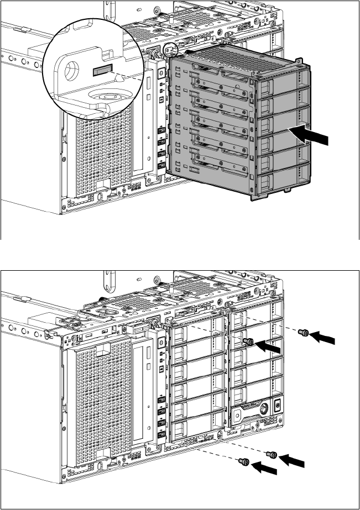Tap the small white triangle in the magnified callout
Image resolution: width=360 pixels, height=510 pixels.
coord(117,78)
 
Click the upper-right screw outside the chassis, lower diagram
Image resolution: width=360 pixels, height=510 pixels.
coord(302,333)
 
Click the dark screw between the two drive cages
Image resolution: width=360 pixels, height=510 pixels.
coord(249,342)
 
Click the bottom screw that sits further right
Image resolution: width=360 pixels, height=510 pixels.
coord(271,454)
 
